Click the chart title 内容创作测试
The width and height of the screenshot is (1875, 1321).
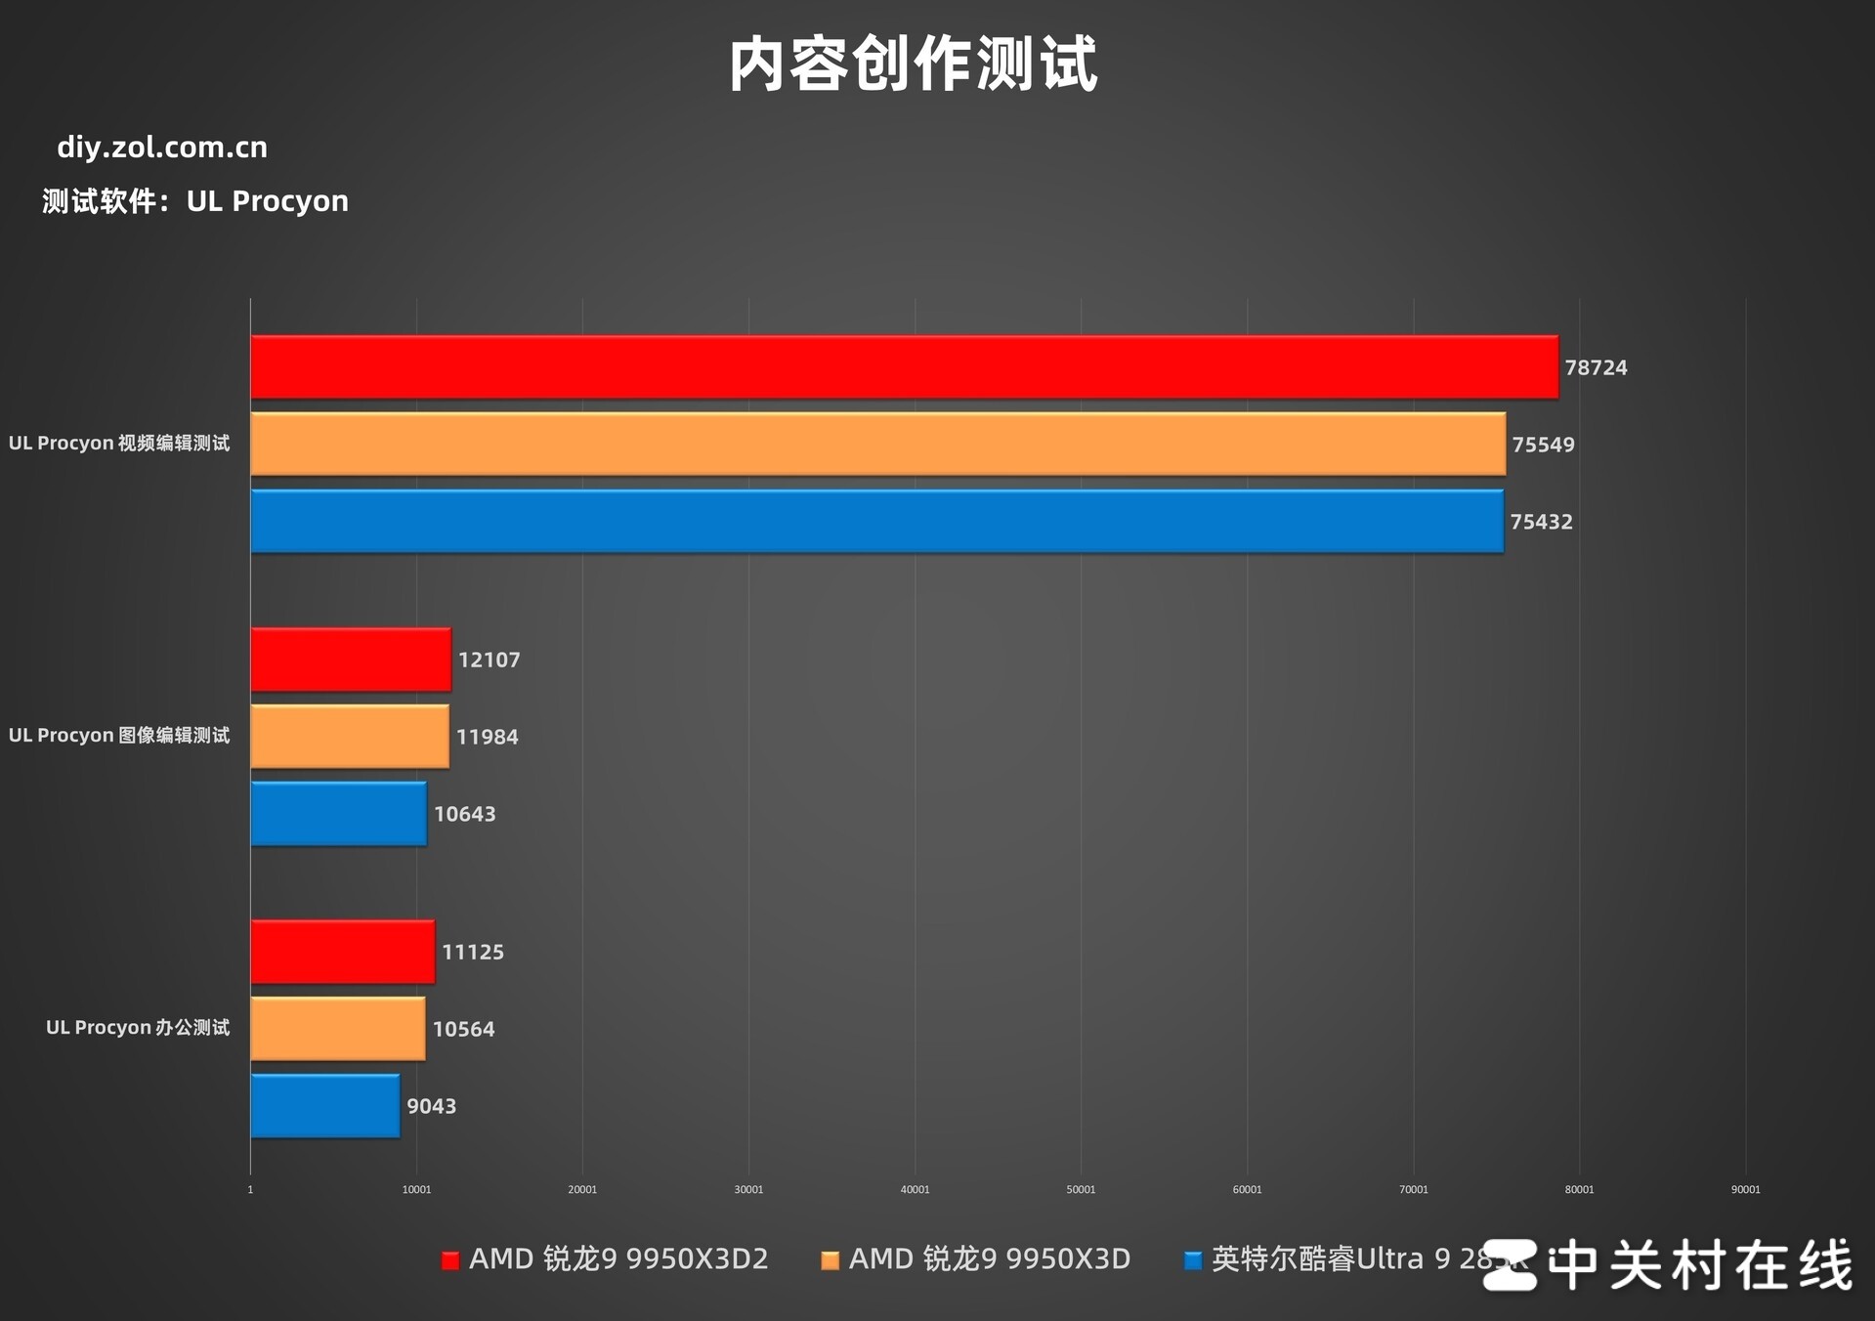[913, 64]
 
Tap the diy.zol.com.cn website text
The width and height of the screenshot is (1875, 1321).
[162, 148]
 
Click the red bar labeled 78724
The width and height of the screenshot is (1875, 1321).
[904, 367]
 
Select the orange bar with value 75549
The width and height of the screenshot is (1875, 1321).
[877, 445]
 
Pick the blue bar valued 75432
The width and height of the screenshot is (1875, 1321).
[876, 522]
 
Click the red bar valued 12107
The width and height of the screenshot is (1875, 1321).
[351, 660]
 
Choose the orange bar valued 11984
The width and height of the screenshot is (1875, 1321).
[350, 737]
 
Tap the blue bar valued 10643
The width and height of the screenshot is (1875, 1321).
[338, 814]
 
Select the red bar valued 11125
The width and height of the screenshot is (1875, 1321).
[343, 952]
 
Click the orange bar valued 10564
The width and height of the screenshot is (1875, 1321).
[338, 1029]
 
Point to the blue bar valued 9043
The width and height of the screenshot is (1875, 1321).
[325, 1106]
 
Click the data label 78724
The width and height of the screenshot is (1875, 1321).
[1596, 368]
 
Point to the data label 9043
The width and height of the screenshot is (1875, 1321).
[431, 1106]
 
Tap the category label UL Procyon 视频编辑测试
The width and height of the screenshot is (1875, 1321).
[119, 444]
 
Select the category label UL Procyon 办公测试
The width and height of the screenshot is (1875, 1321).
[138, 1028]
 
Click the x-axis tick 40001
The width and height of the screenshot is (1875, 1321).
[915, 1189]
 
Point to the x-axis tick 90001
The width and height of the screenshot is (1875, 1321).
[1745, 1189]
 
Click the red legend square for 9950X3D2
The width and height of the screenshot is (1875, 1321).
[450, 1260]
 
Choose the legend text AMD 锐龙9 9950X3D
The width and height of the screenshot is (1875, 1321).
[989, 1259]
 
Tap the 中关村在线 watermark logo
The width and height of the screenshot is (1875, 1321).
[1667, 1265]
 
